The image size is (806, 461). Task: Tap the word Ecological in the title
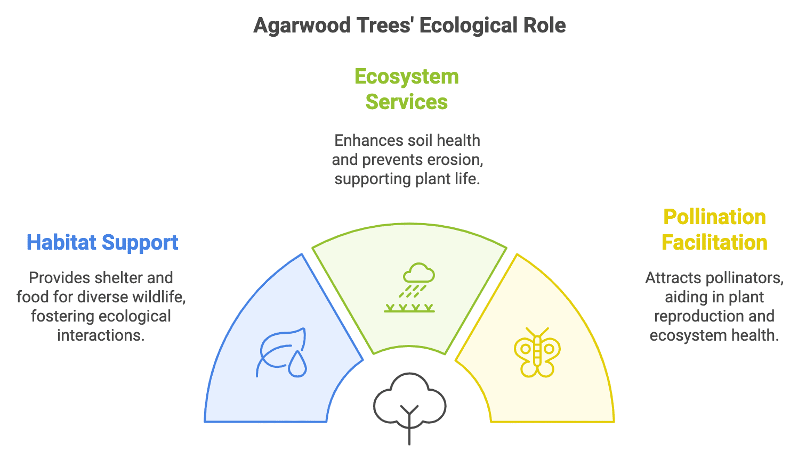(468, 26)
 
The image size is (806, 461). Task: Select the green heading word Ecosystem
(407, 77)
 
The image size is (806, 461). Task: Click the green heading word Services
(407, 102)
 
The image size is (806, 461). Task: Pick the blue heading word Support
(140, 243)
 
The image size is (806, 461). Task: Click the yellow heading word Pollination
(714, 217)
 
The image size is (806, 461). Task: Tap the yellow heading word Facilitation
(714, 243)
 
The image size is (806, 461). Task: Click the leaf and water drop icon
(283, 353)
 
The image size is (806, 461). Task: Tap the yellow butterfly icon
(537, 353)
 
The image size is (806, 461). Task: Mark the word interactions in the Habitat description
(101, 335)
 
